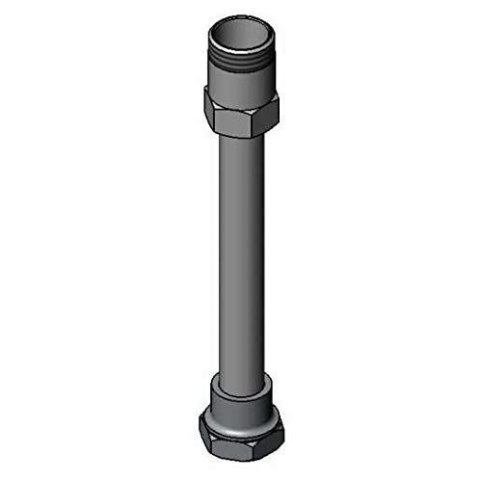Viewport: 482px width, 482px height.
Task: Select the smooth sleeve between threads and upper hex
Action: pyautogui.click(x=241, y=81)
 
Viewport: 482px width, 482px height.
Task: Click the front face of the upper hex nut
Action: pyautogui.click(x=241, y=116)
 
